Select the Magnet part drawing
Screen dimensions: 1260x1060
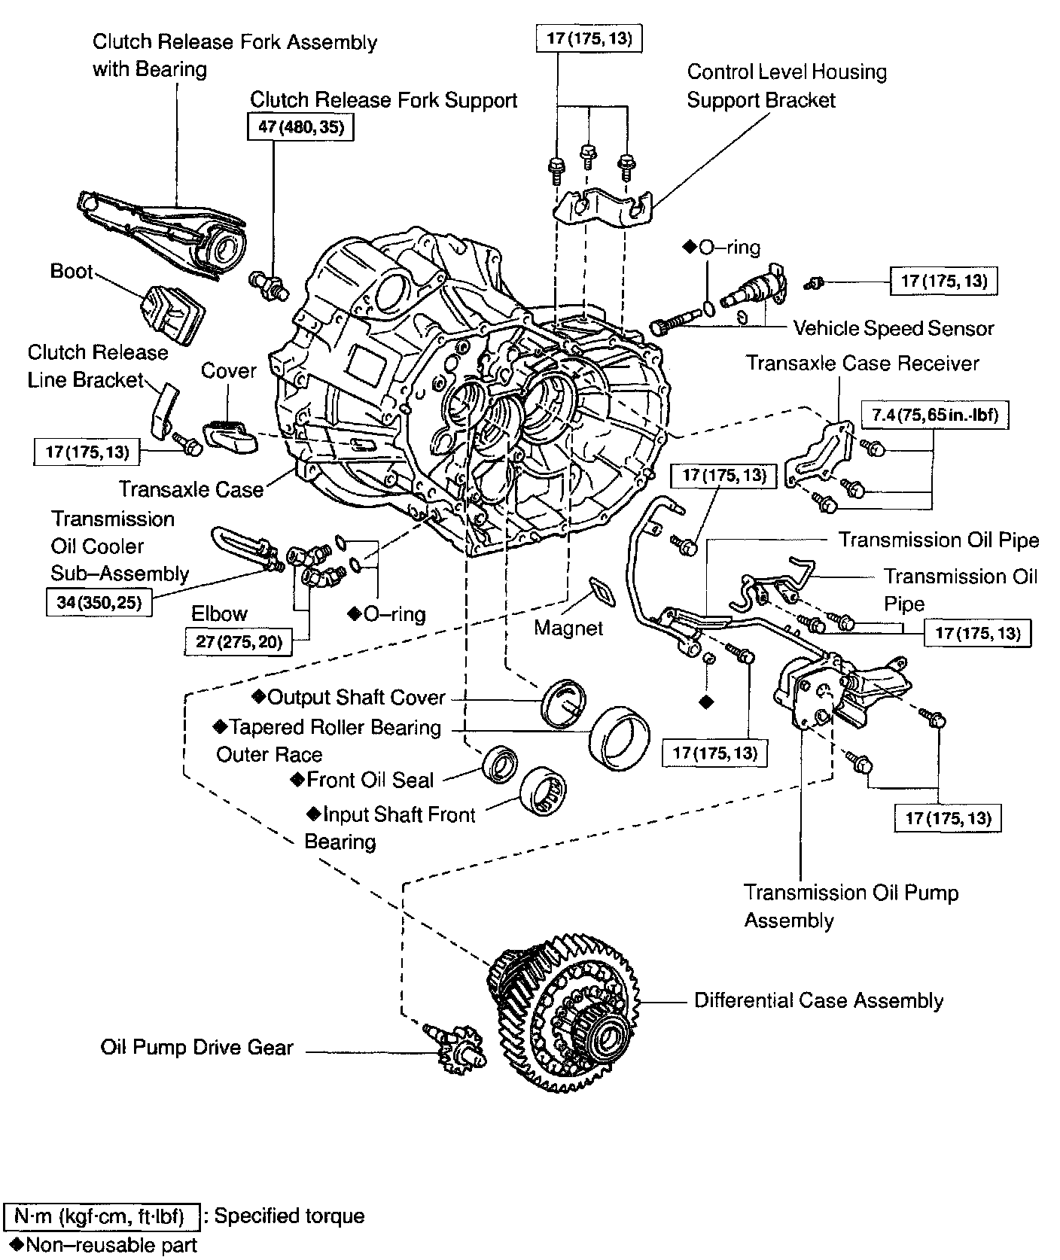click(x=602, y=590)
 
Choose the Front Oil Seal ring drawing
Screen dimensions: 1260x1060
click(x=499, y=764)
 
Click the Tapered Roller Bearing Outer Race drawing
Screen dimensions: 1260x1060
click(x=620, y=738)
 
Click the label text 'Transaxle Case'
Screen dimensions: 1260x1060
click(x=191, y=490)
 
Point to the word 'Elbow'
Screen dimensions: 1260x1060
click(x=219, y=613)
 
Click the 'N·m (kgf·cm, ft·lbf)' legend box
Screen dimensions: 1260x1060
click(x=102, y=1216)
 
